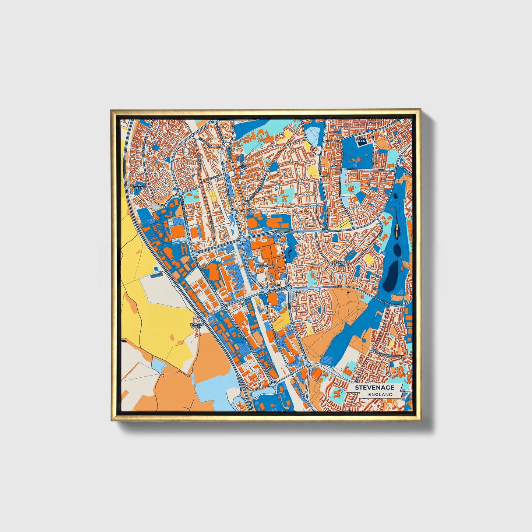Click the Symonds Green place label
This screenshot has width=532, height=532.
[138, 186]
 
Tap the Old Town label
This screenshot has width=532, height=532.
[243, 166]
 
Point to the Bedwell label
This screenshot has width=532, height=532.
[340, 263]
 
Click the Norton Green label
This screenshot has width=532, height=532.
[197, 325]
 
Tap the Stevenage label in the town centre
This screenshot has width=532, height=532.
[266, 265]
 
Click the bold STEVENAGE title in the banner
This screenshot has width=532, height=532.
[374, 388]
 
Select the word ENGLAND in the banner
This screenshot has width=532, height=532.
[380, 394]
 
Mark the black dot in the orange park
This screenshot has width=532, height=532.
[348, 293]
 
